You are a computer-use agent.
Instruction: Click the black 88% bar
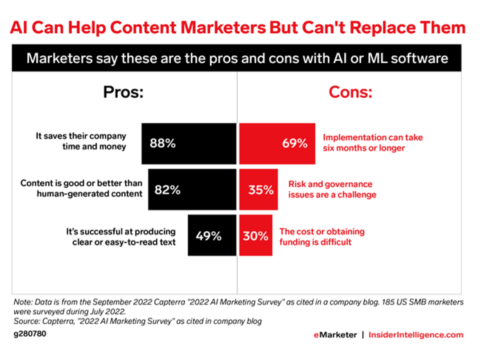(189, 144)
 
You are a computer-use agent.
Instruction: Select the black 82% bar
(192, 190)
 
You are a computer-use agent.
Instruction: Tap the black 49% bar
(212, 235)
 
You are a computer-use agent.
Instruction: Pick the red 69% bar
(277, 144)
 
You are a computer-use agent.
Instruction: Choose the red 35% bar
(258, 190)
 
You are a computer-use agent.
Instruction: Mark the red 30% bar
(256, 235)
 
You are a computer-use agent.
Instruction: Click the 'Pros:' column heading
(123, 92)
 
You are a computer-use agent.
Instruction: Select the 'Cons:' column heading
(350, 92)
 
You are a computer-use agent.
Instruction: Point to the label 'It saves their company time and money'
(81, 141)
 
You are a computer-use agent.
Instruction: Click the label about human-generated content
(81, 188)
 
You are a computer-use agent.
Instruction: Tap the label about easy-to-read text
(121, 237)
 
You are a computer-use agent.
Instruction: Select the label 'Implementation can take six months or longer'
(372, 143)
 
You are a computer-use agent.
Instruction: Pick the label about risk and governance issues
(332, 189)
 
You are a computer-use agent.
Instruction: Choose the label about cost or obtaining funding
(322, 236)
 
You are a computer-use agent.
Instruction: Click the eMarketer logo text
(335, 335)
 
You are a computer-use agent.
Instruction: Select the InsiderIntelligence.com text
(416, 335)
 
